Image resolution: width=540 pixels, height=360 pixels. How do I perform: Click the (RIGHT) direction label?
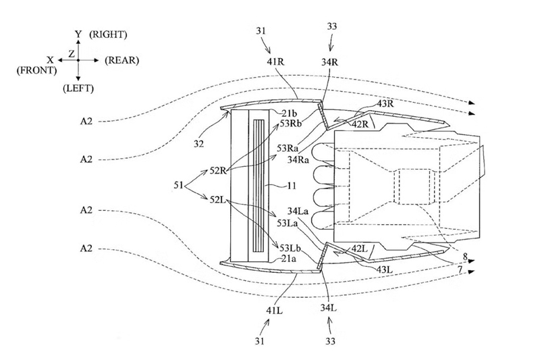tap(108, 35)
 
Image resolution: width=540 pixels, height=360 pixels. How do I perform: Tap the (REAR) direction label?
tap(122, 60)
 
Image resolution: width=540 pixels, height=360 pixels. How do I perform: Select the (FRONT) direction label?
tap(36, 71)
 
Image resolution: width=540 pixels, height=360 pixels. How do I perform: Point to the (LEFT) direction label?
tap(78, 88)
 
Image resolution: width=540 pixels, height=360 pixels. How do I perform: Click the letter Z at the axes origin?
tap(72, 54)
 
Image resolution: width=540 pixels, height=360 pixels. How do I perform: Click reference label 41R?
tap(275, 61)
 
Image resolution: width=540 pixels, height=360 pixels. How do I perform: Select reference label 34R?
tap(329, 62)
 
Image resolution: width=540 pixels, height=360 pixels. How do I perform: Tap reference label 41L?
tap(275, 311)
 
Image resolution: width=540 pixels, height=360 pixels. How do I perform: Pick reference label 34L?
tap(329, 307)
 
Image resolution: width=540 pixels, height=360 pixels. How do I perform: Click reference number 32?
tap(198, 144)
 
